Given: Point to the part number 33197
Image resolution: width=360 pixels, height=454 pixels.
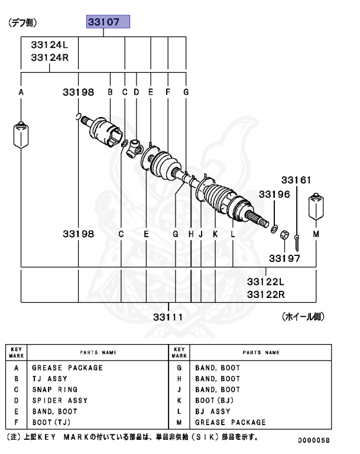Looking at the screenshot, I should (x=284, y=258).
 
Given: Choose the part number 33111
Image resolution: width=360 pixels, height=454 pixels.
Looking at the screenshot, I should (x=168, y=317).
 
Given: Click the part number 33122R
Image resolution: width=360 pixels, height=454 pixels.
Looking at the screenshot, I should (x=265, y=293).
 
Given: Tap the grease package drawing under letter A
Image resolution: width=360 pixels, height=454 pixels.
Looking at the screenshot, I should (x=21, y=135).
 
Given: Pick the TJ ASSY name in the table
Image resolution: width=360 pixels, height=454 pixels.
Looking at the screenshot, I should (x=50, y=379).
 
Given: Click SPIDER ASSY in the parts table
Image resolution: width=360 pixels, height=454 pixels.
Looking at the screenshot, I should (x=60, y=401).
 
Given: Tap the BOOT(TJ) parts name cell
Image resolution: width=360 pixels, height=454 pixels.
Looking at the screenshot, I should (x=50, y=422).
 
